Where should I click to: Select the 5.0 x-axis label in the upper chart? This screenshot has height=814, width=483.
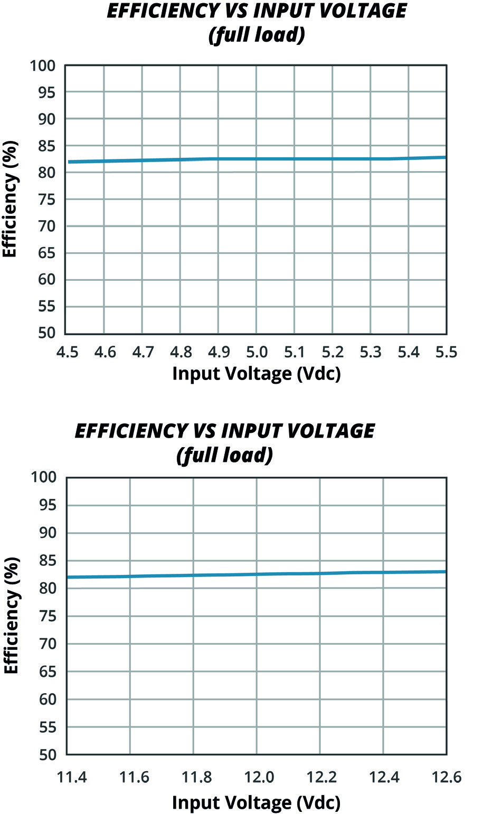(x=257, y=352)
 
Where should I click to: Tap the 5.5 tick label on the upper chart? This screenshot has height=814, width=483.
(x=446, y=352)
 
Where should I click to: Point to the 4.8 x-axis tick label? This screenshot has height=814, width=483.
(x=181, y=352)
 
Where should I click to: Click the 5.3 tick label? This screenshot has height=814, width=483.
(x=371, y=352)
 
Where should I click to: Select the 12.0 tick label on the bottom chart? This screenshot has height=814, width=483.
(x=257, y=777)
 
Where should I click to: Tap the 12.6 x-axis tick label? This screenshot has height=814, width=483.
(x=446, y=777)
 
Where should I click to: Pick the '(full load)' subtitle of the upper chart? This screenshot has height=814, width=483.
(x=257, y=37)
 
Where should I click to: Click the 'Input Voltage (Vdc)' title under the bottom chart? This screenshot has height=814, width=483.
(x=257, y=802)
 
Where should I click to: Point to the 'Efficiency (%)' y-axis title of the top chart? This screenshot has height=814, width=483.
(x=11, y=200)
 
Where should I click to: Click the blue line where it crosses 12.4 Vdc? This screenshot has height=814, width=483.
(x=383, y=572)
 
